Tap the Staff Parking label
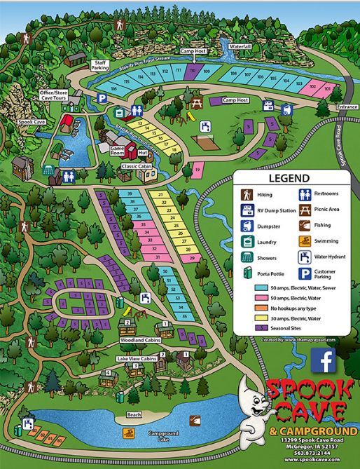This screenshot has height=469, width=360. click(100, 65)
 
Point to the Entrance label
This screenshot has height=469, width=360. click(346, 107)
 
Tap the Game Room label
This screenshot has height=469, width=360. click(117, 151)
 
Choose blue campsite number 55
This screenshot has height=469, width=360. click(184, 317)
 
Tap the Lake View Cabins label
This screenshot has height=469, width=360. click(137, 358)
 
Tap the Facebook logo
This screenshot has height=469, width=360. click(324, 361)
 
